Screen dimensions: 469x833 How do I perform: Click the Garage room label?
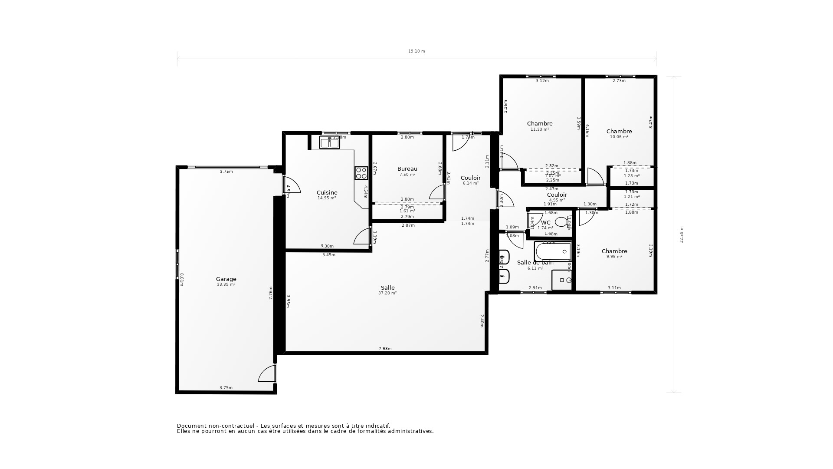pyautogui.click(x=226, y=279)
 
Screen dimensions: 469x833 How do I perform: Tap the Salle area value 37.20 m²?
pyautogui.click(x=387, y=293)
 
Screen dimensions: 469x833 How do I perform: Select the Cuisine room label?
pyautogui.click(x=327, y=192)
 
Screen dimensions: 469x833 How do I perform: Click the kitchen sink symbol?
pyautogui.click(x=329, y=142)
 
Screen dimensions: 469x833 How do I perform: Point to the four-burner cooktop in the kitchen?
pyautogui.click(x=361, y=173)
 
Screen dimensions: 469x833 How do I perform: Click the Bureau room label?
pyautogui.click(x=407, y=169)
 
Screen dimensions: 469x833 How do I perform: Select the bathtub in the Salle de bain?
pyautogui.click(x=553, y=251)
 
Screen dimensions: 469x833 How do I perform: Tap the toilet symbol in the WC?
pyautogui.click(x=561, y=222)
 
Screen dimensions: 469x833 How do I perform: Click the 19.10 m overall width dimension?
pyautogui.click(x=416, y=51)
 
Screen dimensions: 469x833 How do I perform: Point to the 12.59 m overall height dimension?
pyautogui.click(x=681, y=234)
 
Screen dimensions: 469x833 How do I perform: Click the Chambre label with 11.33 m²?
pyautogui.click(x=540, y=123)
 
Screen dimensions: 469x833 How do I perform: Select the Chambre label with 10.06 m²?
pyautogui.click(x=619, y=131)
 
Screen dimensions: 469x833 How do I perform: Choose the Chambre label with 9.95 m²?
pyautogui.click(x=614, y=251)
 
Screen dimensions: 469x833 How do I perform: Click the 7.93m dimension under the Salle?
pyautogui.click(x=385, y=349)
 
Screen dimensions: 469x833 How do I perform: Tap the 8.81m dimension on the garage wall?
pyautogui.click(x=182, y=279)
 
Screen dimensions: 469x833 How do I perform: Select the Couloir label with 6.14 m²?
pyautogui.click(x=470, y=178)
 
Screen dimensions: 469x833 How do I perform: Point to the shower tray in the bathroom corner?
pyautogui.click(x=562, y=280)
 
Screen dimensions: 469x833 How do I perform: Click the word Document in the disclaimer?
pyautogui.click(x=191, y=426)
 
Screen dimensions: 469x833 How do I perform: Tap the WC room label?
pyautogui.click(x=545, y=222)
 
